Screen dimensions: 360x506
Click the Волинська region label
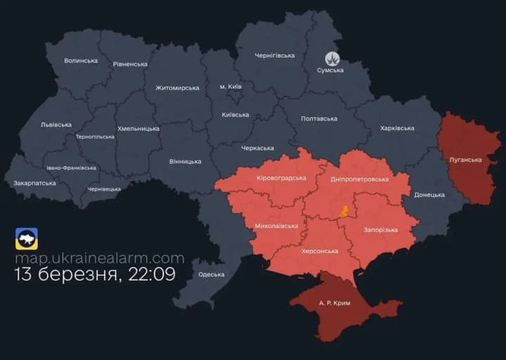click(x=81, y=60)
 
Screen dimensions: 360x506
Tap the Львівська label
click(x=56, y=124)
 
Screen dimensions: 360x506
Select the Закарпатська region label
click(x=34, y=183)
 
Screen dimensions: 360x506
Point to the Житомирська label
click(x=177, y=88)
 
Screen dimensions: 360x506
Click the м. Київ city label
click(x=231, y=86)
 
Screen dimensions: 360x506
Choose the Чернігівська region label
click(x=275, y=56)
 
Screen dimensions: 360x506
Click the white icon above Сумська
click(x=332, y=59)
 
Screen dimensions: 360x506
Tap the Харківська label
click(x=397, y=128)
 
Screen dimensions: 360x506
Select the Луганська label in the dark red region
click(x=465, y=160)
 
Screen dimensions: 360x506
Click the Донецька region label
click(x=429, y=195)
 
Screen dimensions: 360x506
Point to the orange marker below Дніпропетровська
click(x=344, y=211)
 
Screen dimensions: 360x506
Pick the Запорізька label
click(x=381, y=230)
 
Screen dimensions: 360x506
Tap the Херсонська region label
click(x=320, y=251)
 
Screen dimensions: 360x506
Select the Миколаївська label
click(x=276, y=226)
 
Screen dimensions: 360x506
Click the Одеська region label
click(x=211, y=274)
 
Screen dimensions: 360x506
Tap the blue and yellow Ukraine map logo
click(x=27, y=239)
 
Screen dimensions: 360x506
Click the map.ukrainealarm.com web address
click(x=100, y=258)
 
